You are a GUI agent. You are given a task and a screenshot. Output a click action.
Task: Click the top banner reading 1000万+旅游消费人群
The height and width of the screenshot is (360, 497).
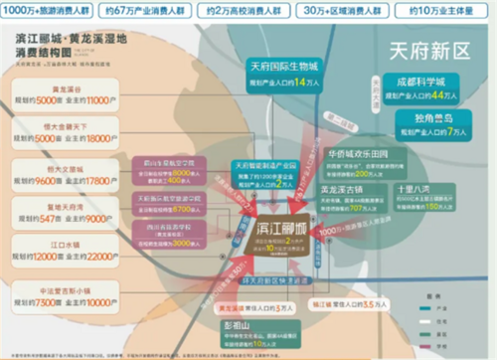[49, 11]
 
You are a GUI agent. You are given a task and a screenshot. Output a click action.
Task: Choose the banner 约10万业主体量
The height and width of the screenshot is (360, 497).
[440, 11]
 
